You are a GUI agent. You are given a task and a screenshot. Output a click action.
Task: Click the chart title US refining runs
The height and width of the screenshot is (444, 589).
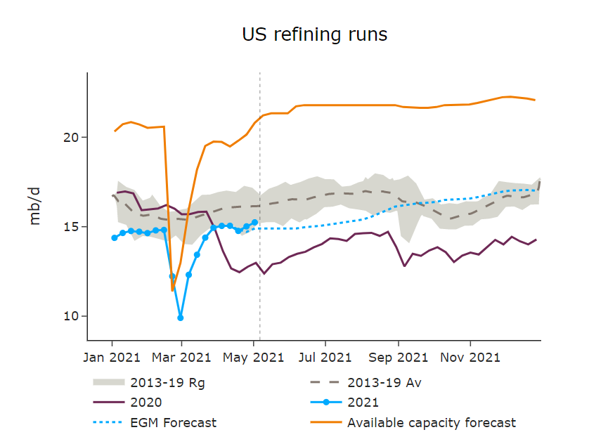tap(314, 34)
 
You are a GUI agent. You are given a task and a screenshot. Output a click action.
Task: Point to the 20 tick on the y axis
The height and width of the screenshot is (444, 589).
tap(70, 137)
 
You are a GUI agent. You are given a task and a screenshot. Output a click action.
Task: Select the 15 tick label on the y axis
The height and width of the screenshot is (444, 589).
tap(70, 226)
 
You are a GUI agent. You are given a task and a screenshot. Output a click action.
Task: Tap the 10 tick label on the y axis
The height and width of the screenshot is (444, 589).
tap(70, 316)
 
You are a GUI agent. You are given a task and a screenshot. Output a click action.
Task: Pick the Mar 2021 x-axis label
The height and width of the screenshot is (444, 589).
tap(181, 357)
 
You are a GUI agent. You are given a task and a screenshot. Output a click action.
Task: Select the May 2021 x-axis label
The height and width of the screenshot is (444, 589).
tap(254, 357)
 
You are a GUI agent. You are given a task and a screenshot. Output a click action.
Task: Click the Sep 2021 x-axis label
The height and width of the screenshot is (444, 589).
tap(399, 357)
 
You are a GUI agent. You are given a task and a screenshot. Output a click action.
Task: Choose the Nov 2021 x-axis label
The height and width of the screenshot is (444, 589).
tap(470, 357)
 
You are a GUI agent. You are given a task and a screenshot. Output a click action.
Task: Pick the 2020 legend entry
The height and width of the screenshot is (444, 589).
tap(145, 403)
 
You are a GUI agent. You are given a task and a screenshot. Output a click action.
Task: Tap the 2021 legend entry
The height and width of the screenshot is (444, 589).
tap(363, 403)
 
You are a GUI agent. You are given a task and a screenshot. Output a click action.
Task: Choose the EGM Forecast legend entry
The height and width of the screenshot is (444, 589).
tap(173, 423)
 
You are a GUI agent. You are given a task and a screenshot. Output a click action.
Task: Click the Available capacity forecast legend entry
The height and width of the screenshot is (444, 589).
tap(432, 423)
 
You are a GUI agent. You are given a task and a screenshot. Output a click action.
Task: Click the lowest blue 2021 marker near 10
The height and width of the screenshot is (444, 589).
tap(181, 318)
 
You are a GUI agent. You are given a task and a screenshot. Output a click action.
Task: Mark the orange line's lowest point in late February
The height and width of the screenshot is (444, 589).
tap(172, 290)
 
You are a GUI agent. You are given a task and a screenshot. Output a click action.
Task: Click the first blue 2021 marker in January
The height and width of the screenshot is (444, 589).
tap(115, 237)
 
